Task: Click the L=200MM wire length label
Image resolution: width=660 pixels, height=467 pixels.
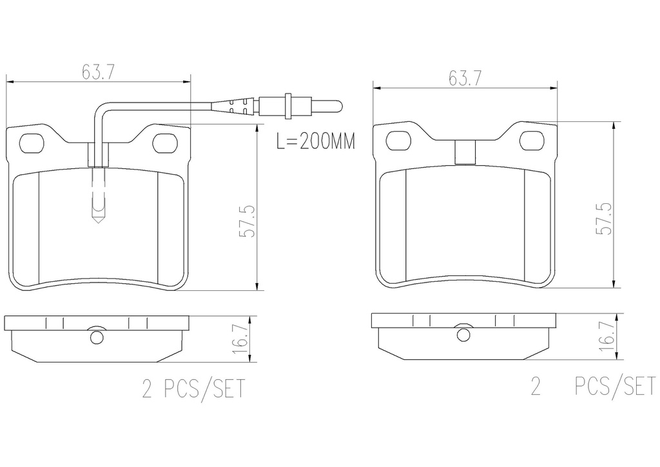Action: pyautogui.click(x=316, y=141)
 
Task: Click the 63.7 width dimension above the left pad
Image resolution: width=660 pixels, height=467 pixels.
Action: pyautogui.click(x=98, y=72)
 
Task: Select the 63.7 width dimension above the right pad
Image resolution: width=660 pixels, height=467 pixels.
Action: pyautogui.click(x=465, y=78)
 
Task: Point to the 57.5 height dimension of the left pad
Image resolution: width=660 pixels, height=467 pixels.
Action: pyautogui.click(x=247, y=221)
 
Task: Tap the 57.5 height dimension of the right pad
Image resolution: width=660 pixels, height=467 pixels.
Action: pyautogui.click(x=605, y=219)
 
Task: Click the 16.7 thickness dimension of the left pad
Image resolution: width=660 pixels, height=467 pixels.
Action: pyautogui.click(x=240, y=340)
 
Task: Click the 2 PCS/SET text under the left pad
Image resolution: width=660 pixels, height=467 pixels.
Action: pyautogui.click(x=193, y=389)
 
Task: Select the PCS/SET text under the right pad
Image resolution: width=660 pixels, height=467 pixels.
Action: pyautogui.click(x=615, y=386)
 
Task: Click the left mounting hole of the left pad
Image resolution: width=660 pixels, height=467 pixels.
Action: pyautogui.click(x=32, y=143)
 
